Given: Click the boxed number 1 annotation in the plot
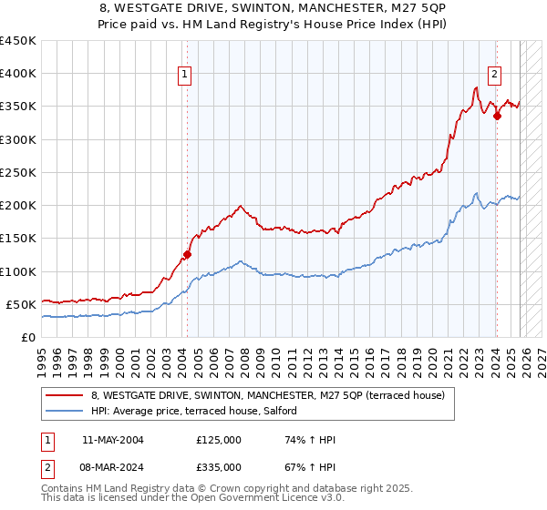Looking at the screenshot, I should (185, 75).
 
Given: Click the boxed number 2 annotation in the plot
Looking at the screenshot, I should (494, 75).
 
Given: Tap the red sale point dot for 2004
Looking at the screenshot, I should (187, 255).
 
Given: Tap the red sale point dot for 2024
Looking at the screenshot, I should (497, 116).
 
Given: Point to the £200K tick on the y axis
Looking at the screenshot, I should (17, 206).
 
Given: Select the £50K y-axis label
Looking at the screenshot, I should (20, 304).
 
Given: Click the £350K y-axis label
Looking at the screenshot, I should (17, 107).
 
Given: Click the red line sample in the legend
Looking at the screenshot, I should (66, 395).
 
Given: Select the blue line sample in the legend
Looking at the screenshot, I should (66, 411).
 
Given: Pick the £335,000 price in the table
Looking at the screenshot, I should (219, 466).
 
